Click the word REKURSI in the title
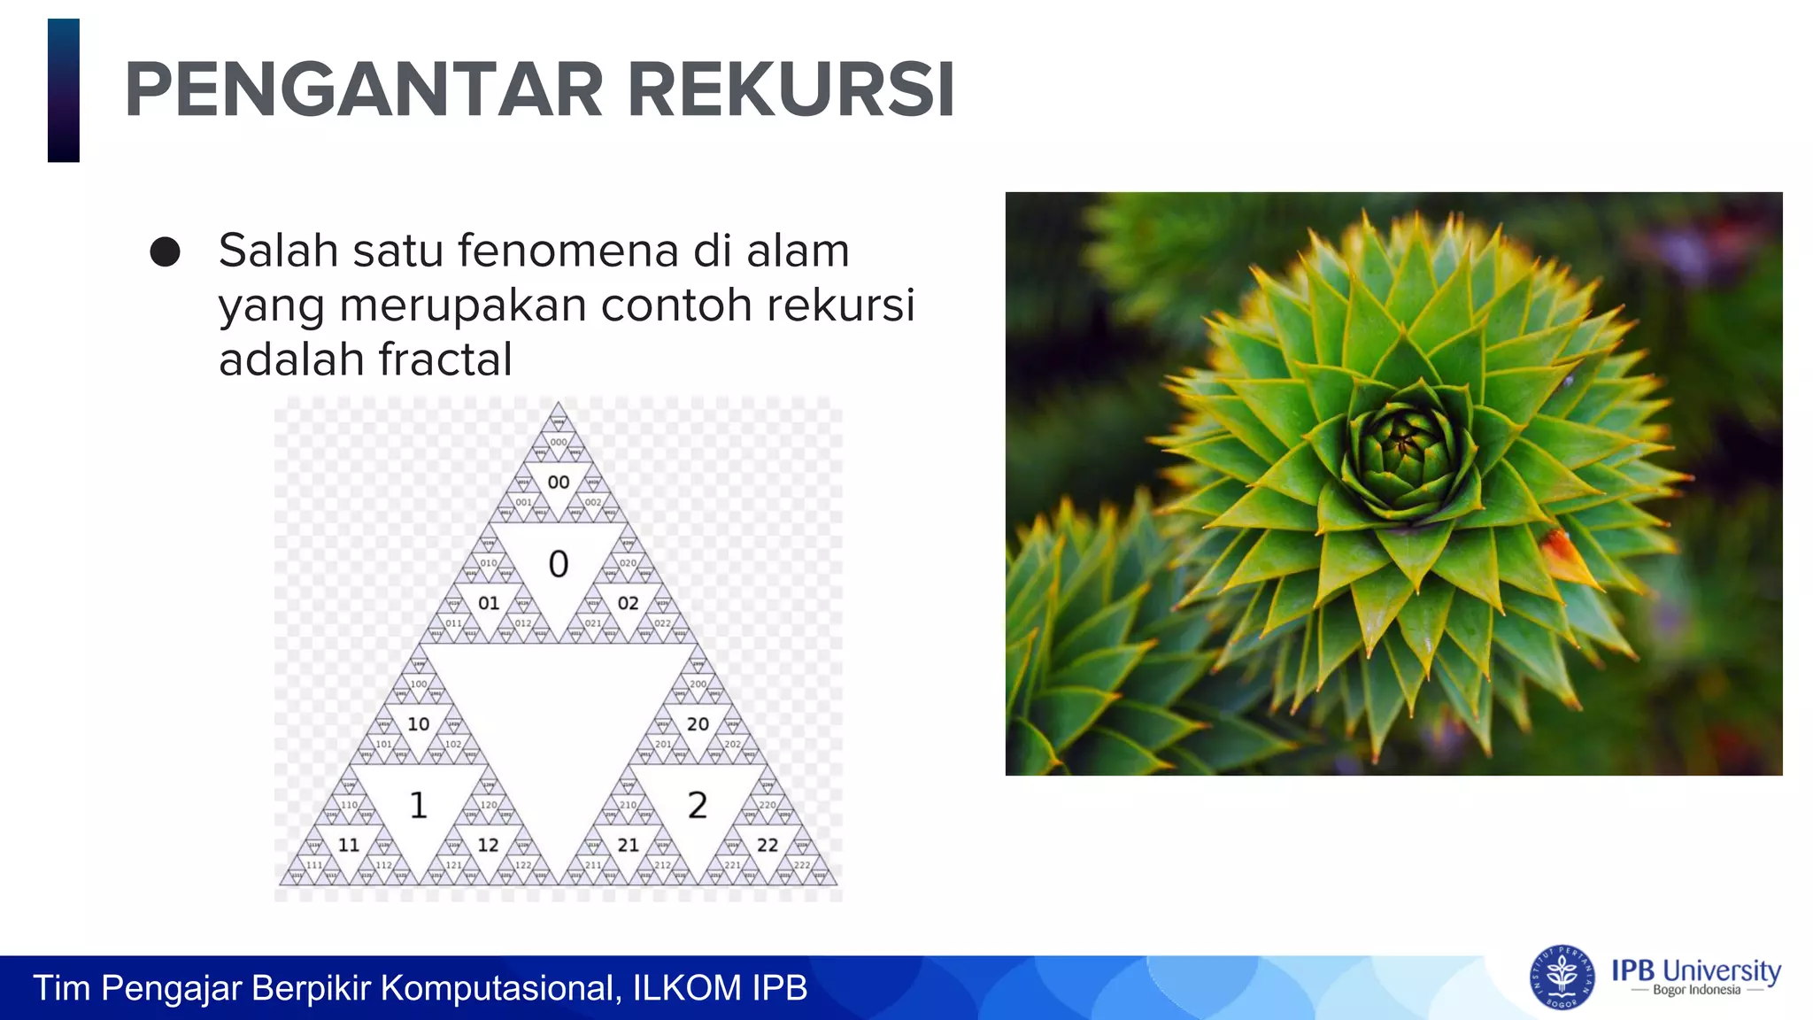tap(791, 89)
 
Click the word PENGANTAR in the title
tap(364, 89)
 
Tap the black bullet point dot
tap(165, 252)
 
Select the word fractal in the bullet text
tap(445, 359)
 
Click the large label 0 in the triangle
tap(558, 564)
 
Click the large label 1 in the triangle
tap(419, 805)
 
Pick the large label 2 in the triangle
tap(698, 805)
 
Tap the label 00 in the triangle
tap(558, 483)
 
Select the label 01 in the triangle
tap(489, 603)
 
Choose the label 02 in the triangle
tap(628, 603)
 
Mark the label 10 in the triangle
tap(419, 724)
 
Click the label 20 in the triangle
tap(698, 724)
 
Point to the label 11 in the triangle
tap(349, 845)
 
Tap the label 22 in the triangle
tap(768, 845)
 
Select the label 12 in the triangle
tap(489, 845)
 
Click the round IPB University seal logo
tap(1562, 977)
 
